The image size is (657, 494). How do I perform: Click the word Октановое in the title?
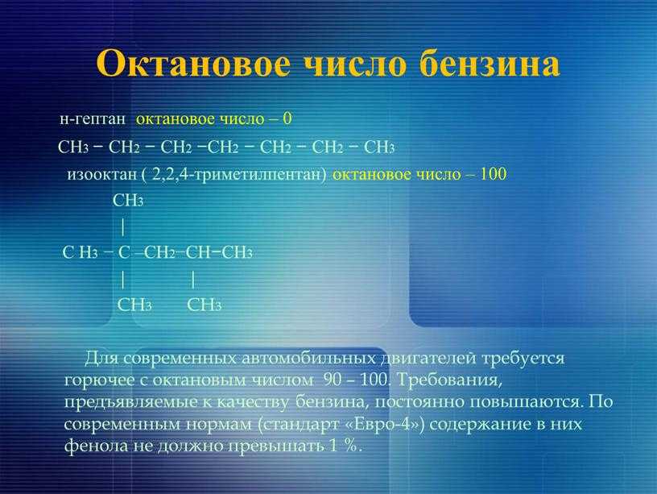pos(193,64)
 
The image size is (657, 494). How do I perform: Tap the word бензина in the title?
pos(490,64)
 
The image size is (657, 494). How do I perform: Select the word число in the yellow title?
pos(355,64)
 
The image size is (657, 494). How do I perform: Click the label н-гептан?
pos(92,119)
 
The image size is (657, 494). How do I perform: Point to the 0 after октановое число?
pos(287,118)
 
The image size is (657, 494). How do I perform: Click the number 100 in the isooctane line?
pos(493,173)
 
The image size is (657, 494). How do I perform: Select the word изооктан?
pos(101,174)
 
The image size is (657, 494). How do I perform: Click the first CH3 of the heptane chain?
pos(73,147)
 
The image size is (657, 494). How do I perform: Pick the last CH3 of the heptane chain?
pos(379,147)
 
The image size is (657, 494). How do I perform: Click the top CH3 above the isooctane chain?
pos(128,201)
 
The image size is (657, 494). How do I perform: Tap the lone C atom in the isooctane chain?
pos(124,252)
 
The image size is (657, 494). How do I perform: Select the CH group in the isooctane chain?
pos(198,252)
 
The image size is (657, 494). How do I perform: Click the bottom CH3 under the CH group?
pos(204,305)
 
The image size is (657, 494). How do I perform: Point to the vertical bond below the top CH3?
pos(122,227)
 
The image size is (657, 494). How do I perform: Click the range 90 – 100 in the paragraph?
pos(355,380)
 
